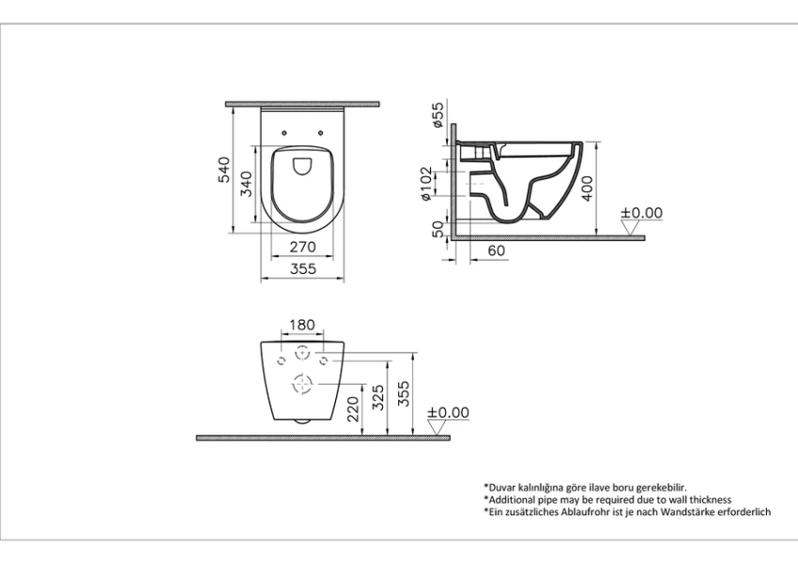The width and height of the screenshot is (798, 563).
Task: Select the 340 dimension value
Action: click(x=247, y=185)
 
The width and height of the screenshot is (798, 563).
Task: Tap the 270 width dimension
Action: click(x=301, y=248)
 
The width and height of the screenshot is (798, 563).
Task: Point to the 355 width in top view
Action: click(x=301, y=269)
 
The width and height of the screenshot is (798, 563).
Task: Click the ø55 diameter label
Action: click(x=437, y=116)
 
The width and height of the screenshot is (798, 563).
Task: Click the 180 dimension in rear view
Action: click(x=301, y=325)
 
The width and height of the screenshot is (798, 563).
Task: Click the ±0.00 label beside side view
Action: click(x=641, y=213)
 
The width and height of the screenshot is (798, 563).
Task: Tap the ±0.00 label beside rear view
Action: click(x=448, y=412)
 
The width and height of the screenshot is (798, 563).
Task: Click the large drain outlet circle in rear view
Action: click(x=301, y=383)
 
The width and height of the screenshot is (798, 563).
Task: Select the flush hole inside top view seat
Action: click(x=301, y=167)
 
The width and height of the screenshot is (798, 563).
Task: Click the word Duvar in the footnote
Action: click(x=504, y=488)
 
